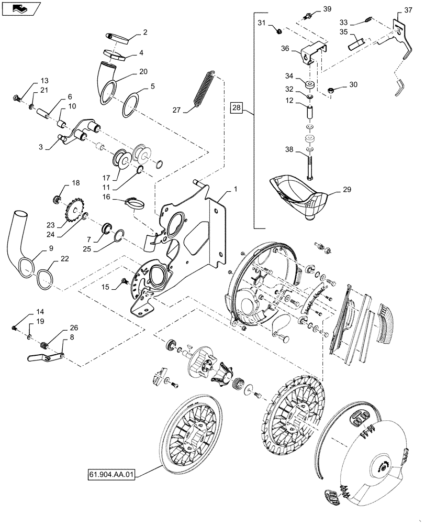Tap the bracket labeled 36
pyautogui.click(x=313, y=53)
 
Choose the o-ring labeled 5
pyautogui.click(x=131, y=105)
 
